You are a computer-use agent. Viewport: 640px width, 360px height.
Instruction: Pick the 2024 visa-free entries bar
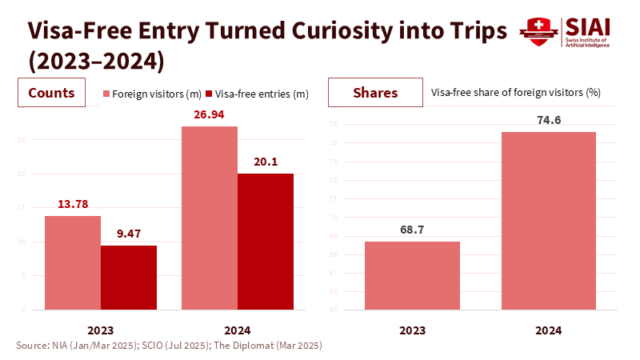pos(266,241)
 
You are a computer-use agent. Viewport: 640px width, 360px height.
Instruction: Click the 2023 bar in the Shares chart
pos(412,275)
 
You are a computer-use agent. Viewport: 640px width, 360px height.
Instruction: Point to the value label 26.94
pos(210,115)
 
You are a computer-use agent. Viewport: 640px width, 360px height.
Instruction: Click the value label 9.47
pos(128,234)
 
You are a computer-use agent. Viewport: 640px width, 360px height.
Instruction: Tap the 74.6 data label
pos(548,121)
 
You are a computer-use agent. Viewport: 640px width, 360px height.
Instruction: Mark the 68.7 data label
pos(412,230)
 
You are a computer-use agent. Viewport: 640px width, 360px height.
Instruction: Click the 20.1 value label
pos(266,162)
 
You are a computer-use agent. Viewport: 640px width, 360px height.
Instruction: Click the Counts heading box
pos(52,93)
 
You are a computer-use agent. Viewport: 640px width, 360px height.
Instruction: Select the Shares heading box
pos(375,93)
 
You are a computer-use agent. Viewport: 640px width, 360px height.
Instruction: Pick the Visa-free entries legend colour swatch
pos(210,94)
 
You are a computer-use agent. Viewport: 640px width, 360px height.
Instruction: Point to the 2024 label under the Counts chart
pos(238,330)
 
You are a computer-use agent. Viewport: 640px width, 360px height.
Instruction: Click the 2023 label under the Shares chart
pos(412,330)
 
